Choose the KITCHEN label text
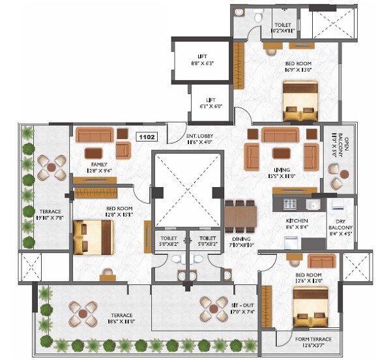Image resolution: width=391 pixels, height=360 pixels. pos(296,224)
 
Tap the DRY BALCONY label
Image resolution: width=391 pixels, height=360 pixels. pos(340,225)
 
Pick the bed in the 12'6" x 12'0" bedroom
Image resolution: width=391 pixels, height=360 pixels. pos(313,307)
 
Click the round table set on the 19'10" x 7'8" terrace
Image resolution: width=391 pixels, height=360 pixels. pos(50,168)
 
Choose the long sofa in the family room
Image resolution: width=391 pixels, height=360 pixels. pos(94,135)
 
